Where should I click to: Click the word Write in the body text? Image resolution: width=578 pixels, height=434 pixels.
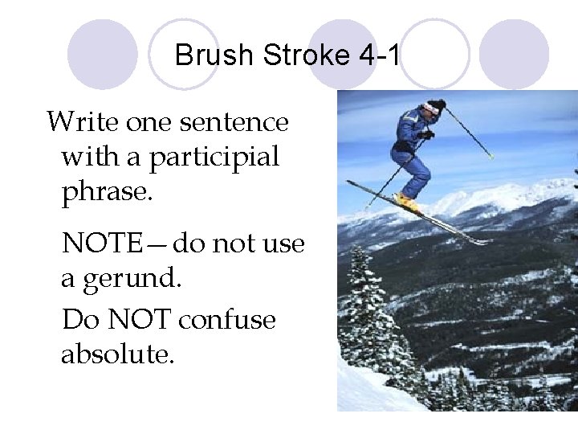click(72, 123)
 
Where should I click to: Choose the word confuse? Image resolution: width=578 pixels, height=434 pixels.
click(227, 320)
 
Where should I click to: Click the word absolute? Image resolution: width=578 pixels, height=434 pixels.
click(116, 354)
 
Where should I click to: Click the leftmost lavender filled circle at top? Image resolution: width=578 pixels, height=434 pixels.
click(102, 54)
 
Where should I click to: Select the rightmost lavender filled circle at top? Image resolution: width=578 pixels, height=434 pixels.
click(514, 54)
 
